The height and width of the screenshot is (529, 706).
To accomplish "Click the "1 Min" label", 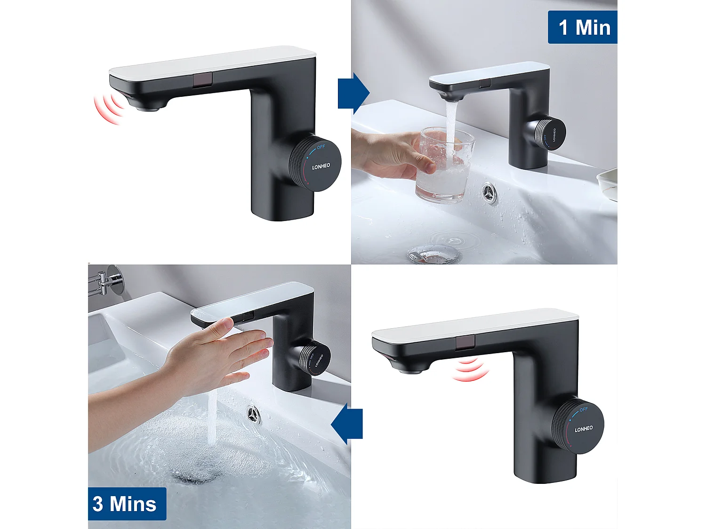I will click(x=583, y=27).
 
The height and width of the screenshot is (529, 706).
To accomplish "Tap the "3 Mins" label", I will click(x=126, y=504).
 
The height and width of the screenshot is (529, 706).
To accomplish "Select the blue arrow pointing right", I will click(x=353, y=93).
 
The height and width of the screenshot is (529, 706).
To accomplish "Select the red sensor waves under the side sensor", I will click(x=471, y=370).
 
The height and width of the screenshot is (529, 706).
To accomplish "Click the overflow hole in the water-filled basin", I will click(x=254, y=414).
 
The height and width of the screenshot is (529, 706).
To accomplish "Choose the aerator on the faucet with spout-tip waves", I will click(x=150, y=108).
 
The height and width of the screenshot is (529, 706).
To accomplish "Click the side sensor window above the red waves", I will click(x=465, y=342).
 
